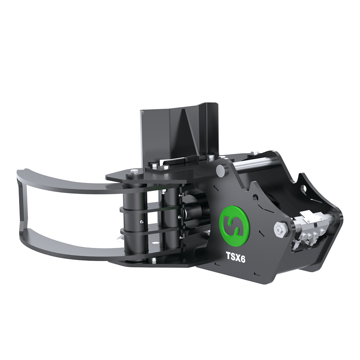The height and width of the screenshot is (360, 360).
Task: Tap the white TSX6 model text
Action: tap(236, 257)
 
